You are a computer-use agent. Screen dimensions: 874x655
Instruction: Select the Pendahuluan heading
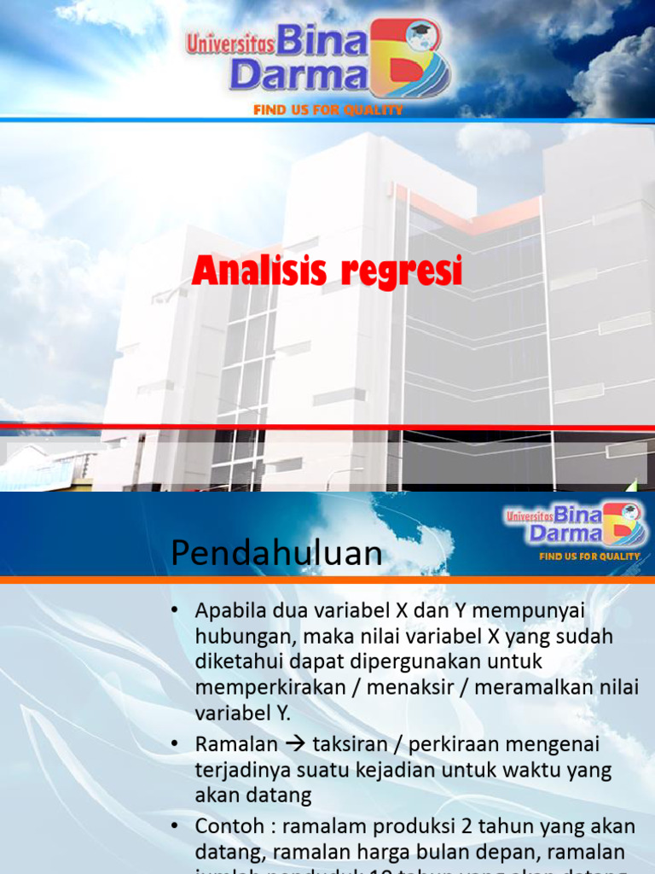276,554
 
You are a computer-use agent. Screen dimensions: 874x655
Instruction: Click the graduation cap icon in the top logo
420,35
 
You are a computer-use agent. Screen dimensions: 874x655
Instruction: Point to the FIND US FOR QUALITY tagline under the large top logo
327,110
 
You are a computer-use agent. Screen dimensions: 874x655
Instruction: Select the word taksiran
349,744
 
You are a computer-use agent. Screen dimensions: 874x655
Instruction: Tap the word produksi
409,826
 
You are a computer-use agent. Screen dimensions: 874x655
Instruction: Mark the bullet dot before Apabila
176,611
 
